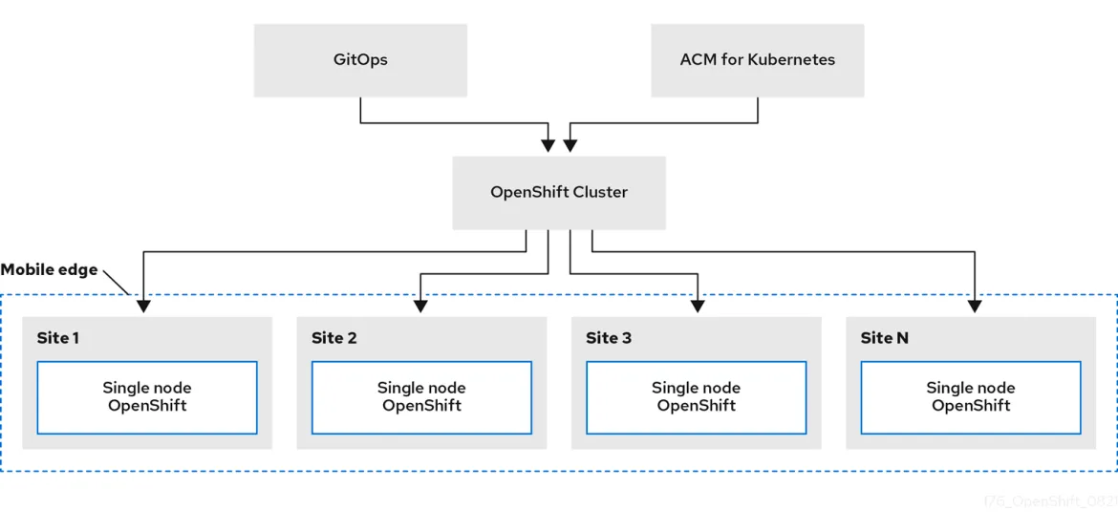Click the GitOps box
pyautogui.click(x=360, y=60)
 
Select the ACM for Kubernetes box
pyautogui.click(x=757, y=60)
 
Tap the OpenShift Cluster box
pyautogui.click(x=559, y=193)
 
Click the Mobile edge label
pyautogui.click(x=50, y=270)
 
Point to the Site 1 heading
pyautogui.click(x=58, y=338)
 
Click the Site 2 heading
pyautogui.click(x=333, y=338)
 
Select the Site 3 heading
pyautogui.click(x=609, y=338)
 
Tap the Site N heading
pyautogui.click(x=884, y=338)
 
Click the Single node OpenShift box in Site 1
pyautogui.click(x=147, y=397)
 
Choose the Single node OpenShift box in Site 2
pyautogui.click(x=421, y=397)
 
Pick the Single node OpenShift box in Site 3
pyautogui.click(x=696, y=397)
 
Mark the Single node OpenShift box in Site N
pyautogui.click(x=971, y=397)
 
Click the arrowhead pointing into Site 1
pyautogui.click(x=143, y=306)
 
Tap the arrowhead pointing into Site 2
pyautogui.click(x=419, y=306)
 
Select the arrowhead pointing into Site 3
pyautogui.click(x=698, y=306)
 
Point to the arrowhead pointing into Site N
pyautogui.click(x=974, y=306)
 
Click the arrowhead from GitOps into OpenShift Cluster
pyautogui.click(x=548, y=145)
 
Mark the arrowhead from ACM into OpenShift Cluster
pyautogui.click(x=570, y=145)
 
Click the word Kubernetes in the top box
pyautogui.click(x=791, y=60)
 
